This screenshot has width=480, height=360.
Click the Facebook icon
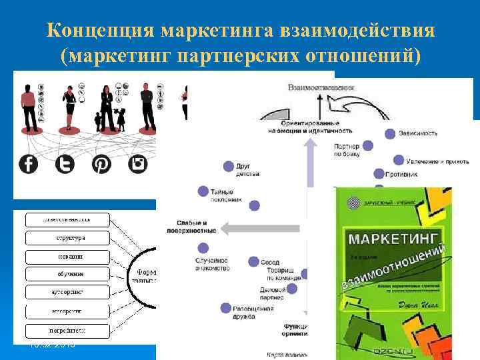(x=29, y=163)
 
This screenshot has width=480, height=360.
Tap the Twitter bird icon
(x=65, y=163)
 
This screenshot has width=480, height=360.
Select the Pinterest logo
(x=102, y=163)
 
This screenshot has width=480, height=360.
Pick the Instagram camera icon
(x=138, y=163)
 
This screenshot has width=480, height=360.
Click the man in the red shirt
(x=29, y=107)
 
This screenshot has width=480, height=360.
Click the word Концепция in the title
(x=99, y=31)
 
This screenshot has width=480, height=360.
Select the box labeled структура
(x=66, y=237)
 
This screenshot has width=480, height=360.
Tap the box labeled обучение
(x=66, y=273)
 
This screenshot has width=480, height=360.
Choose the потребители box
(x=66, y=330)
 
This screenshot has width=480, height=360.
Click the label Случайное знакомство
(x=212, y=264)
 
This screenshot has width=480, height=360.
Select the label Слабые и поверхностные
(x=197, y=226)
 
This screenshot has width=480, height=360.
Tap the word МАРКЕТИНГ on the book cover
(x=392, y=238)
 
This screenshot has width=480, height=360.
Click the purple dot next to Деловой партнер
(x=292, y=289)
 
